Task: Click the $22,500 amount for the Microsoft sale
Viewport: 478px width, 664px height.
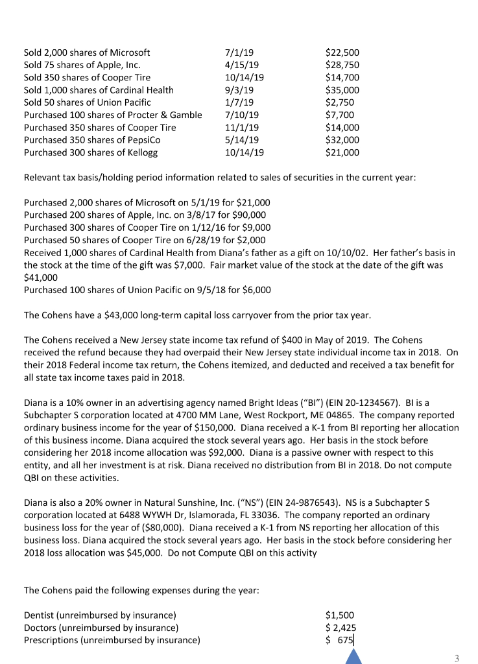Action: (342, 53)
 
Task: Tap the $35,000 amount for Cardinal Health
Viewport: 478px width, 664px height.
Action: (342, 90)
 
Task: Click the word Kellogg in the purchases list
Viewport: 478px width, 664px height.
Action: (140, 152)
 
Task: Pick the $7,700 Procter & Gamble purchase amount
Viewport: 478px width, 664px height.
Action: (339, 115)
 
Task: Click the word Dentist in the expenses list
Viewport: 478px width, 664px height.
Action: (40, 615)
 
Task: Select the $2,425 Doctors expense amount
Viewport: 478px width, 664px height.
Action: (341, 628)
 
